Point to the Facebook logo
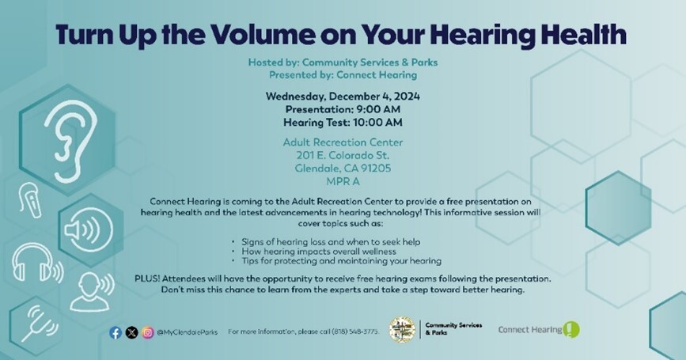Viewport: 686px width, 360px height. click(116, 332)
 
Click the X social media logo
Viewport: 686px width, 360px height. click(131, 332)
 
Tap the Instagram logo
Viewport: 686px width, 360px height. click(147, 332)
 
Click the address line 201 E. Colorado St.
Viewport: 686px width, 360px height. click(343, 155)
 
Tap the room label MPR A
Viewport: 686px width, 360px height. click(343, 180)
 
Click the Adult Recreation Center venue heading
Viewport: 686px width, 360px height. click(343, 142)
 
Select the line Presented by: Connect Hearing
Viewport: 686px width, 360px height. click(343, 75)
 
